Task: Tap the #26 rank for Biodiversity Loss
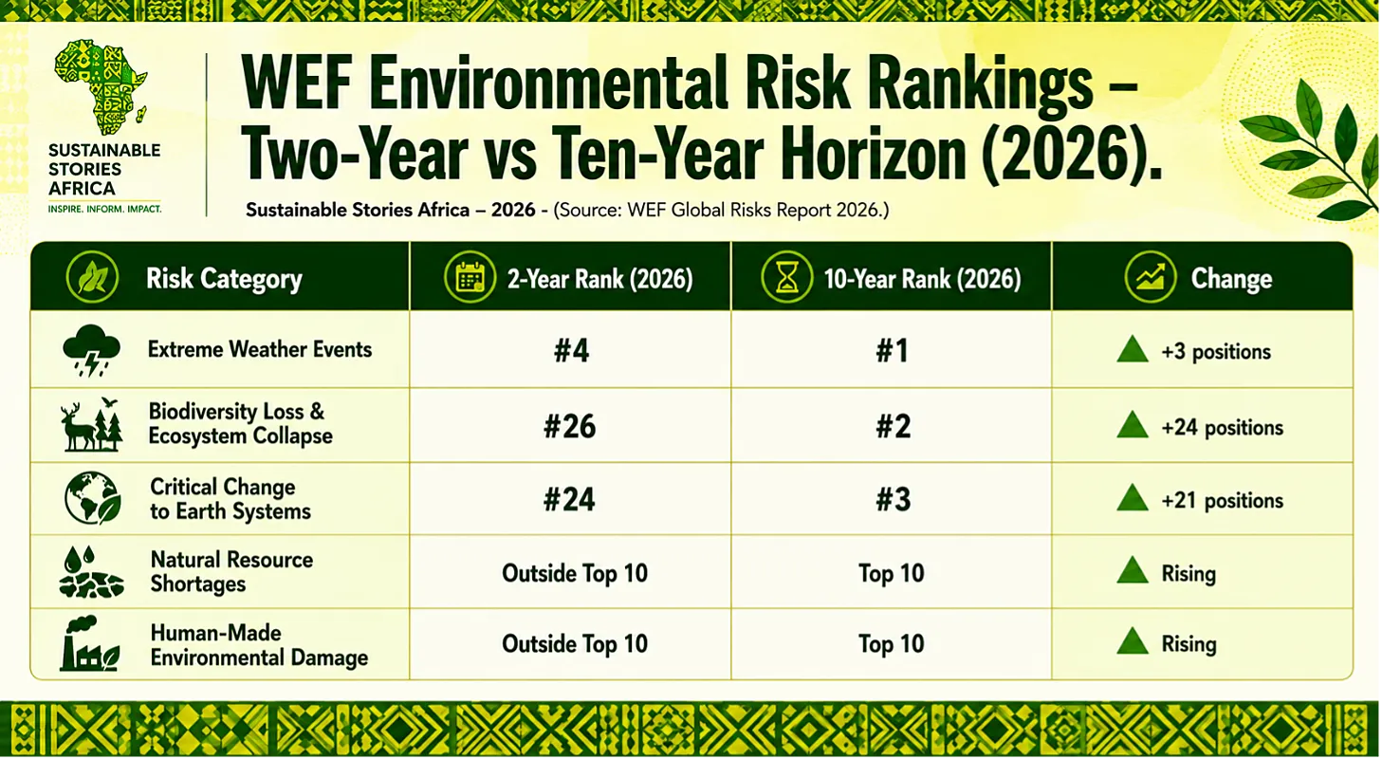[x=569, y=426]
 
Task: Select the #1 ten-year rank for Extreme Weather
[x=892, y=351]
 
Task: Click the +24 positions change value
[x=1222, y=428]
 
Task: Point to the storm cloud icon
[x=91, y=350]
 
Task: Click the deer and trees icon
[x=92, y=424]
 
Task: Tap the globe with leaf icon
[x=93, y=498]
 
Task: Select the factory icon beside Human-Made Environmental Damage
[x=89, y=643]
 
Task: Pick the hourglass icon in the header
[x=786, y=277]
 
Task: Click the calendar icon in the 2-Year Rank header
[x=470, y=277]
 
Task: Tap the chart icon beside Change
[x=1150, y=277]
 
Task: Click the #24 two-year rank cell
[x=569, y=499]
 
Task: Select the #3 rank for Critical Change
[x=893, y=499]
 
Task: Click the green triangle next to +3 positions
[x=1133, y=349]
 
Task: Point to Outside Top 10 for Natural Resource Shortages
[x=575, y=573]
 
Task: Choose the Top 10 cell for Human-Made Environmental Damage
[x=892, y=644]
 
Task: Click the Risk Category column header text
[x=224, y=279]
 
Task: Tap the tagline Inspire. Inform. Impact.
[x=105, y=209]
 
